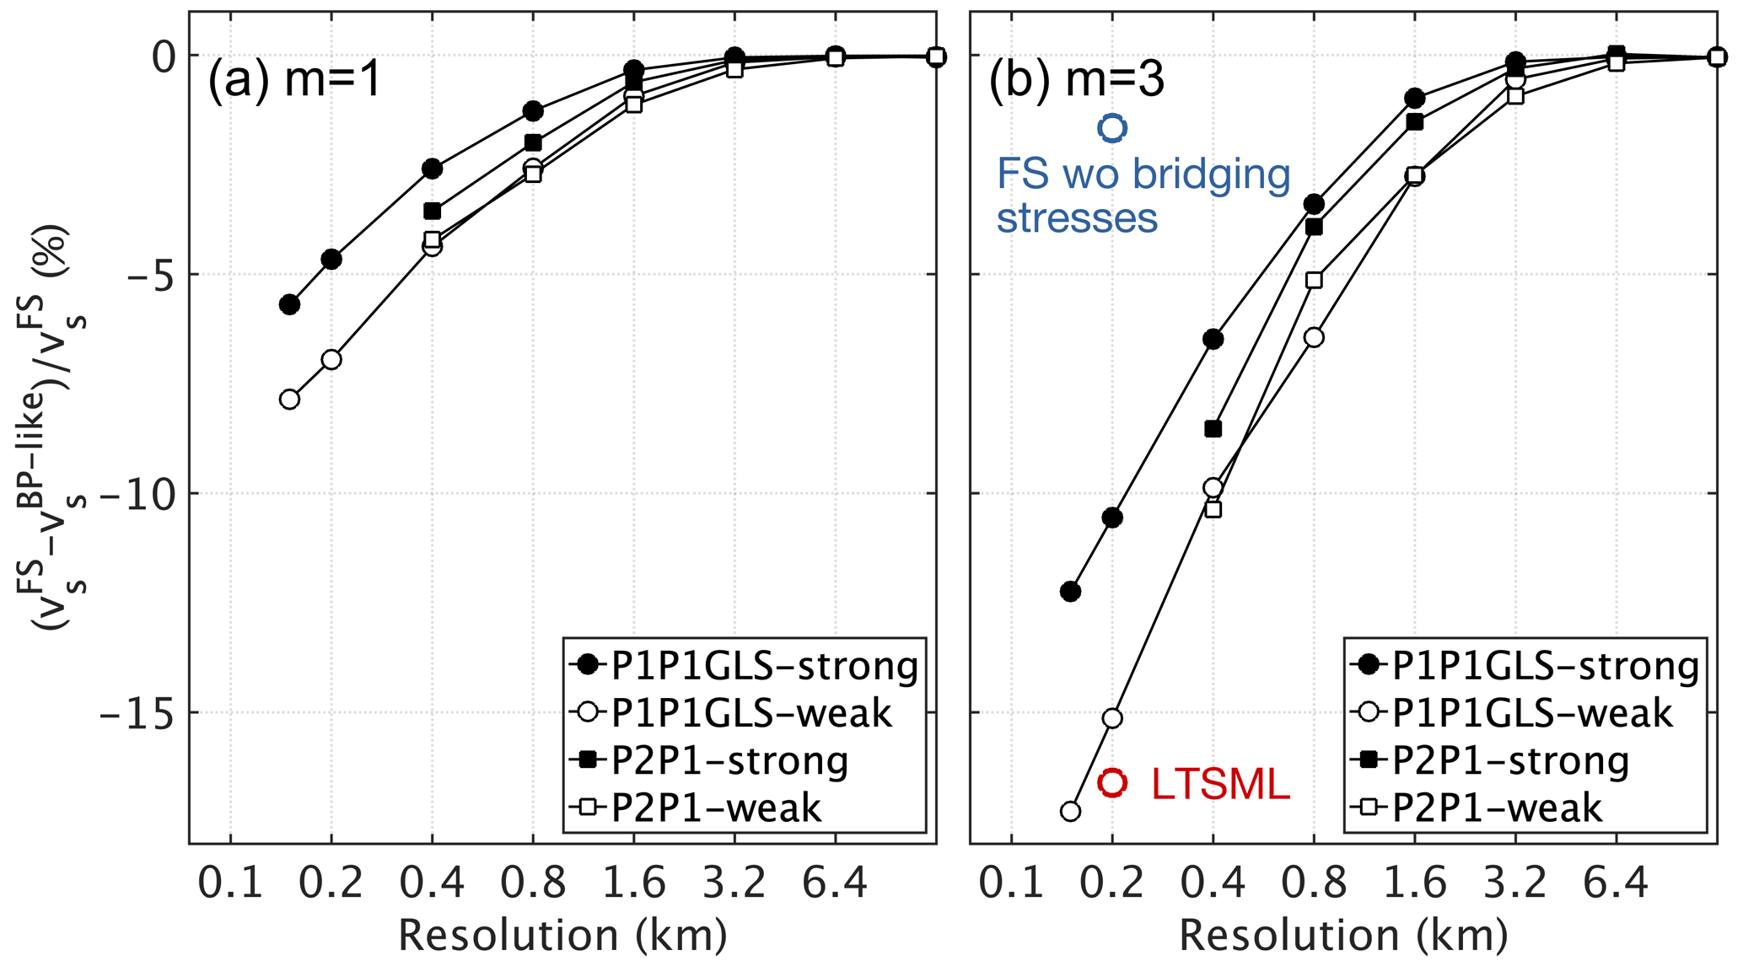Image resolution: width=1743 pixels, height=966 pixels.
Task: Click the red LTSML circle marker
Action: [x=1112, y=782]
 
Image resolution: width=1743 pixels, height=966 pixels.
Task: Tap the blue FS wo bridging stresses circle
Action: [x=1112, y=127]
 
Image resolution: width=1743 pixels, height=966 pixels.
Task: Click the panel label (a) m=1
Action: [x=295, y=81]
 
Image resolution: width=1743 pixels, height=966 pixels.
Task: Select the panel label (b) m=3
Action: [x=1077, y=81]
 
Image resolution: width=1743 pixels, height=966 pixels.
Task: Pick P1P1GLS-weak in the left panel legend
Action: [x=750, y=713]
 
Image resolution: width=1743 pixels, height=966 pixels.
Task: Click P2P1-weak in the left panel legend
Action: [x=716, y=808]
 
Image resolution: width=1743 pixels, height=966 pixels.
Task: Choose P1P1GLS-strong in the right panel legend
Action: [x=1545, y=666]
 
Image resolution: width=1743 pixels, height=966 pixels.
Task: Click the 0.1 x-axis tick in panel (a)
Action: [x=230, y=883]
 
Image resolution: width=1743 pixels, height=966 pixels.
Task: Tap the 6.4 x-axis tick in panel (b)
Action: [x=1616, y=883]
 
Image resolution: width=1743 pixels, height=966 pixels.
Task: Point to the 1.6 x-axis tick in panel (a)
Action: [x=634, y=883]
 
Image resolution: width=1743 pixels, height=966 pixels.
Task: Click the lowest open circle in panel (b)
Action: [x=1070, y=811]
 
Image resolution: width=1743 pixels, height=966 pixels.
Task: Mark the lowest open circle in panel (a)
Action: [x=289, y=399]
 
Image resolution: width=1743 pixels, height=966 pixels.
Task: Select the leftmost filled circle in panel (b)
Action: [x=1070, y=591]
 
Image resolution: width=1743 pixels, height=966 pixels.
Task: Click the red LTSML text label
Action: [x=1220, y=784]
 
